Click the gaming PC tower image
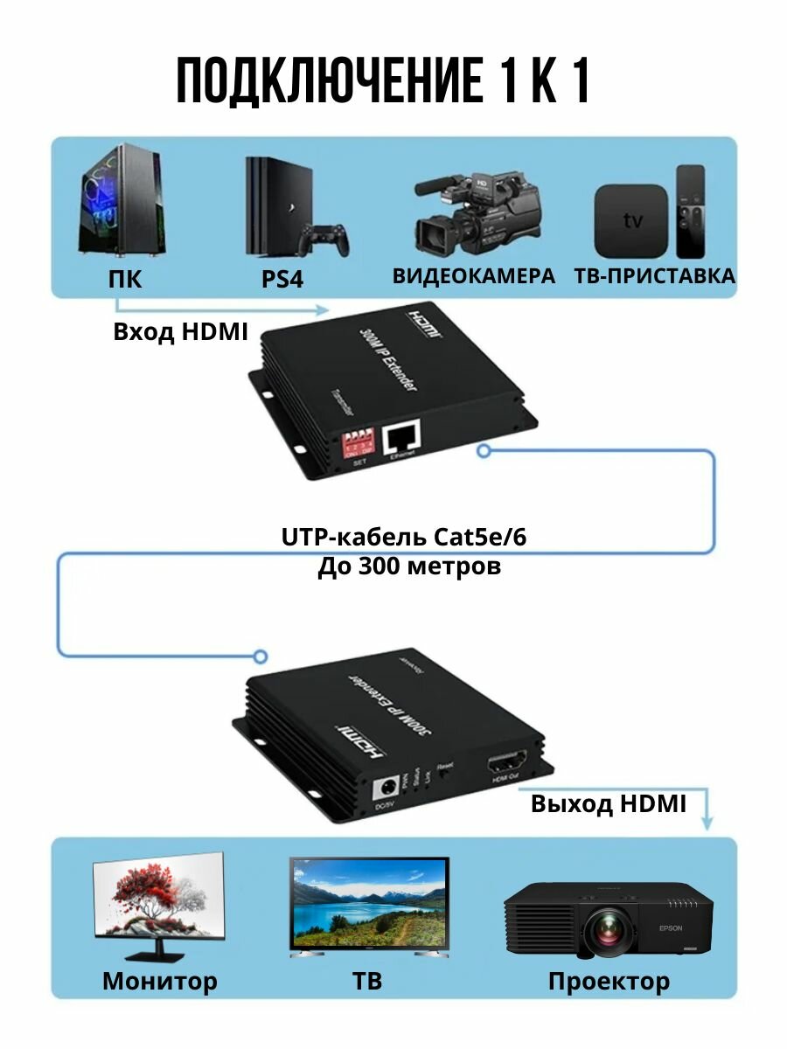pyautogui.click(x=122, y=208)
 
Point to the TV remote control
pyautogui.click(x=689, y=211)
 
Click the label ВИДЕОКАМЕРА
pyautogui.click(x=473, y=276)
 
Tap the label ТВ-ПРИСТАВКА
pyautogui.click(x=655, y=276)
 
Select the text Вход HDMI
pyautogui.click(x=180, y=332)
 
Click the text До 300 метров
pyautogui.click(x=408, y=566)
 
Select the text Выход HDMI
pyautogui.click(x=609, y=804)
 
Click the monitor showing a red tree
pyautogui.click(x=159, y=900)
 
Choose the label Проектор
pyautogui.click(x=609, y=981)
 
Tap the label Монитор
pyautogui.click(x=159, y=981)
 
